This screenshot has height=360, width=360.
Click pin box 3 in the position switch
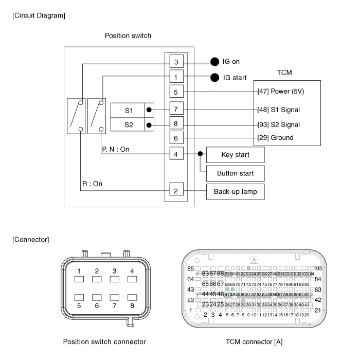[x=176, y=62]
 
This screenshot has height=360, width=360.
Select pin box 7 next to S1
[x=176, y=110]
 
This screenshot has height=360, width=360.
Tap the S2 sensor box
[x=129, y=124]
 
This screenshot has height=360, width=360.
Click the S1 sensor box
[x=129, y=110]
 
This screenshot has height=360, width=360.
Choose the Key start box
[x=235, y=154]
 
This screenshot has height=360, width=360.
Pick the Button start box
[x=235, y=173]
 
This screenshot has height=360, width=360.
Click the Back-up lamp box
[x=235, y=191]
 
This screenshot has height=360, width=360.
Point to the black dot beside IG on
[x=214, y=62]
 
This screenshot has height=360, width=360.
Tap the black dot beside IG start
[x=214, y=78]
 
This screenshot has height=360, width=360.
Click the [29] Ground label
[x=275, y=138]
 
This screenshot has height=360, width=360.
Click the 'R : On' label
[x=93, y=184]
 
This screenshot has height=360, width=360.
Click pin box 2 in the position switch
[x=176, y=191]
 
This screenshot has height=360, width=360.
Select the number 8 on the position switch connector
[x=132, y=305]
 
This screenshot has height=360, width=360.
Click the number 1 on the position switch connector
[x=79, y=271]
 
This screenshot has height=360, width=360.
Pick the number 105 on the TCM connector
[x=317, y=268]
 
